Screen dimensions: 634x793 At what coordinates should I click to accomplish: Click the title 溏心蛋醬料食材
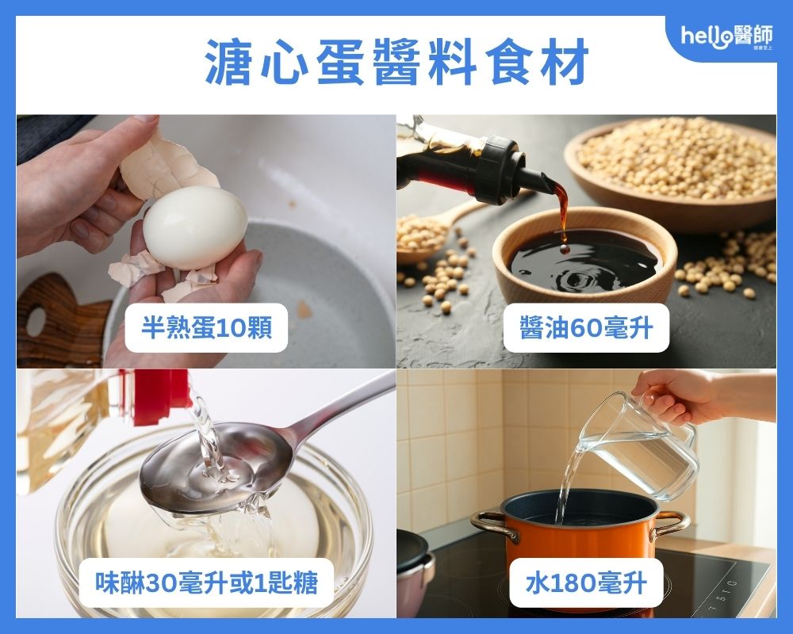pyautogui.click(x=396, y=62)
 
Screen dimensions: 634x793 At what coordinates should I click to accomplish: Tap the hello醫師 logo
pyautogui.click(x=728, y=37)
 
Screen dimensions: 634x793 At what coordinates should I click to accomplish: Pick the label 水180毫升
pyautogui.click(x=586, y=584)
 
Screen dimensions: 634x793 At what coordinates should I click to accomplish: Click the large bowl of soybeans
pyautogui.click(x=682, y=158)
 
